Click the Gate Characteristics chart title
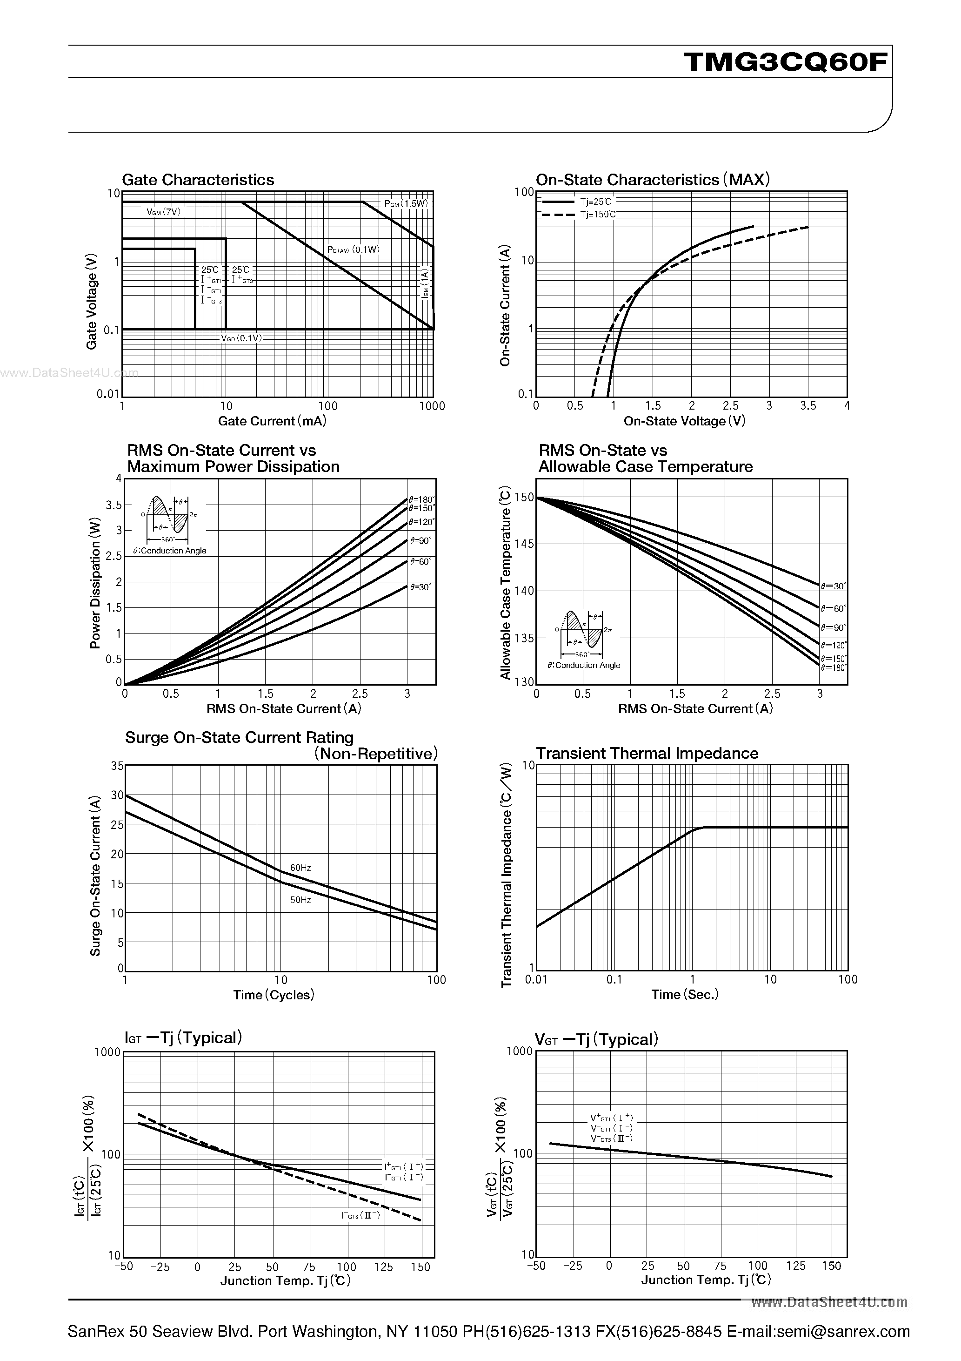[x=198, y=180]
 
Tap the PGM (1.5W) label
[x=406, y=204]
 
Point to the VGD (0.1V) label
[x=241, y=338]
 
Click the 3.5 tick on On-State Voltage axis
[x=808, y=406]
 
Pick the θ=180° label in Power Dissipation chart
[x=421, y=499]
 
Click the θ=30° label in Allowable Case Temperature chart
[x=834, y=586]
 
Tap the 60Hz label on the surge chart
[x=300, y=868]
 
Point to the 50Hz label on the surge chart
[x=300, y=900]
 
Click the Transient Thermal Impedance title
[x=647, y=754]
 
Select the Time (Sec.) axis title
[x=685, y=995]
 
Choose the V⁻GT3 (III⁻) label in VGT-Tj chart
[x=611, y=1139]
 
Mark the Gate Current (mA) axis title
[x=272, y=421]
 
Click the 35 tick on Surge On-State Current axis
[x=117, y=766]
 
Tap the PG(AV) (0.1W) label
[x=353, y=249]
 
